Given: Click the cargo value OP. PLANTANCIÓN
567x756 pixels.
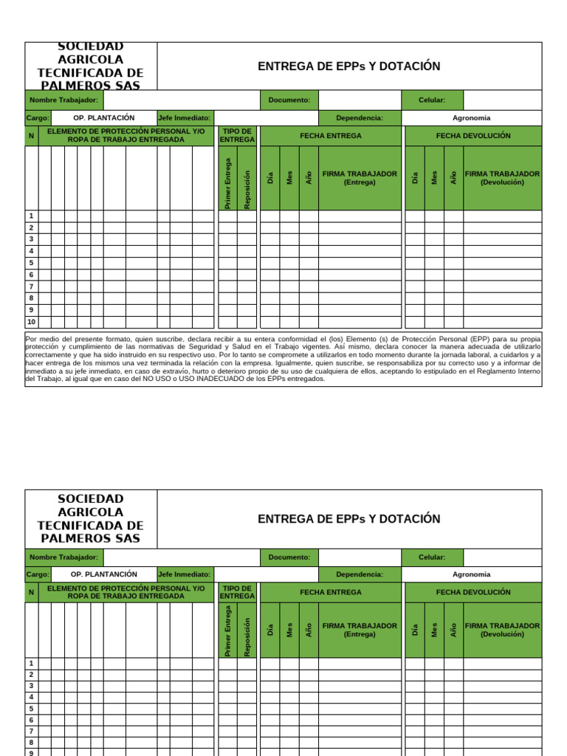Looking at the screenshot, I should (103, 574).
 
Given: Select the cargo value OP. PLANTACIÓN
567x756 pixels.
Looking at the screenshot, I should (103, 117).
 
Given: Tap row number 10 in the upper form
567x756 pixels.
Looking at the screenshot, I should (31, 322).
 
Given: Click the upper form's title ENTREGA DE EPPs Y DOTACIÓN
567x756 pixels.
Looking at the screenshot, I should (348, 66).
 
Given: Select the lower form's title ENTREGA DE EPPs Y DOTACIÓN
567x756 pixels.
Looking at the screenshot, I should (348, 519).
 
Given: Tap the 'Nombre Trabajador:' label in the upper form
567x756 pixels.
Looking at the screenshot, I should (63, 100).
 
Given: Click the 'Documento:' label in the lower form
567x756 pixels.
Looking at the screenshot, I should (289, 557).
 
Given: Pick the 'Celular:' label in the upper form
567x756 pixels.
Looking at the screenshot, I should (431, 100).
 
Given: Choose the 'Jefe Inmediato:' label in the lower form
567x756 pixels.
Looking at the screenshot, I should (184, 574).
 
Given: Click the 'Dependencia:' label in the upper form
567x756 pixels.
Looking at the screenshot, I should (359, 117).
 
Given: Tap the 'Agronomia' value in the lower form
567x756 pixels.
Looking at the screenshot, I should (471, 574).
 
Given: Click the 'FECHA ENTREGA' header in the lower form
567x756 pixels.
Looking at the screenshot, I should (330, 592).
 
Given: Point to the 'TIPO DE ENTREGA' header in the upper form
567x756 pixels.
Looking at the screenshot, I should (237, 135).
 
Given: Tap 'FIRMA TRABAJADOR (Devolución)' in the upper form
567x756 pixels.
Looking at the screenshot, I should (502, 177).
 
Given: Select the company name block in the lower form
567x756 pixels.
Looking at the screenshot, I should (91, 518).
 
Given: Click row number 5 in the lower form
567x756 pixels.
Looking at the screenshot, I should (31, 708).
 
